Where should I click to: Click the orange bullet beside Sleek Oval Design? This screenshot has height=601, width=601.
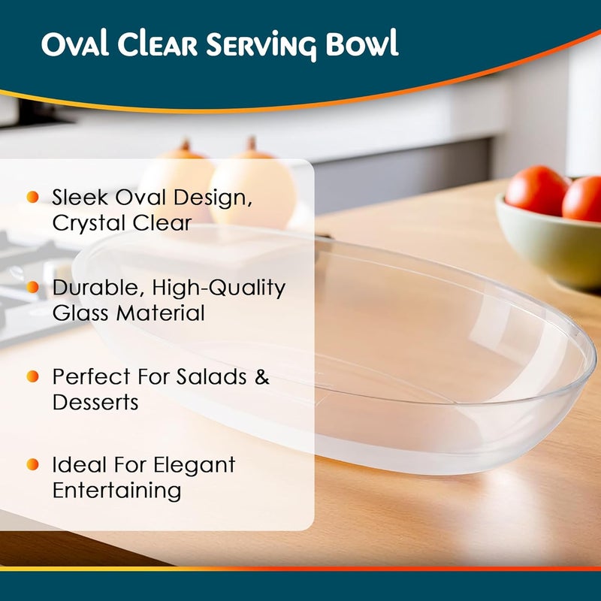[x=32, y=198]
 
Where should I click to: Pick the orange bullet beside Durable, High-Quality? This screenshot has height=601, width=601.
[x=32, y=287]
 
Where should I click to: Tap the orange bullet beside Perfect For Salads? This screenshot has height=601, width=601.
[x=32, y=376]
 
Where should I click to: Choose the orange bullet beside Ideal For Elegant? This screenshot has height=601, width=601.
[x=32, y=465]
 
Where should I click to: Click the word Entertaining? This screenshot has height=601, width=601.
[x=117, y=491]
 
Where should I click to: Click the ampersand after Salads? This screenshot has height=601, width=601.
[x=261, y=376]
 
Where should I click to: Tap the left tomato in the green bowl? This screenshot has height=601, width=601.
[x=536, y=190]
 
